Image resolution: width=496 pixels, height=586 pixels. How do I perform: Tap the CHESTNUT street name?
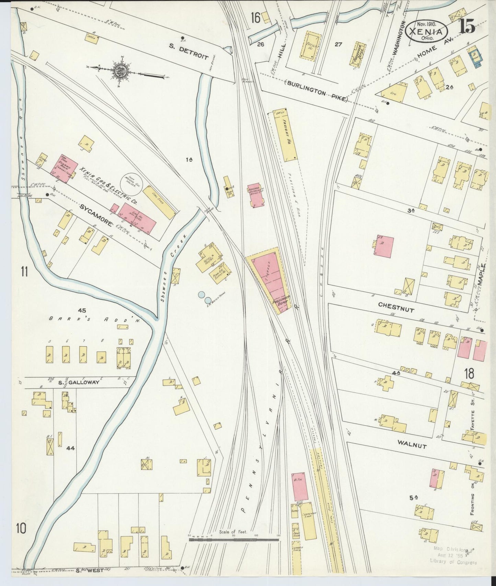(x=396, y=307)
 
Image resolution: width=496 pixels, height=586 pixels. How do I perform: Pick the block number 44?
(x=71, y=448)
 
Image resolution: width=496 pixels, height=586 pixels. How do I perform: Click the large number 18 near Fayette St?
(x=469, y=374)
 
